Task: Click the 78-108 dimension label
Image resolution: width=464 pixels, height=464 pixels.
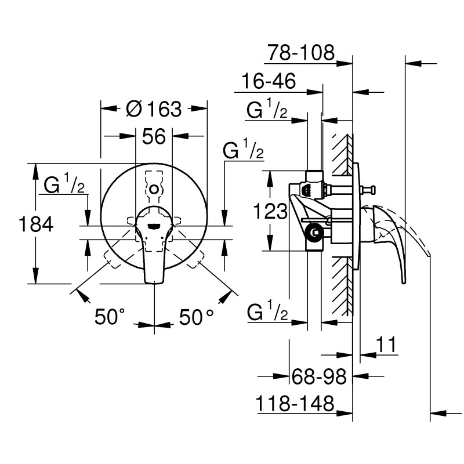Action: [x=301, y=53]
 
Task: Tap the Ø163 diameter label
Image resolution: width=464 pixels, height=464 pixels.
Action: [x=154, y=108]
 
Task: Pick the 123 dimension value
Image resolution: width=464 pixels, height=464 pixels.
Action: [x=271, y=212]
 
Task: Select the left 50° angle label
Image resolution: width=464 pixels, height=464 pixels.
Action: [x=110, y=317]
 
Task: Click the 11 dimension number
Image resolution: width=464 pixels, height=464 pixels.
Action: [x=385, y=345]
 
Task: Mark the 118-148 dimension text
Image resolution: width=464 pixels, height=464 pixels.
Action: [x=296, y=403]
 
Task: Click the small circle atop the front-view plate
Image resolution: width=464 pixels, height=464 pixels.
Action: [x=154, y=188]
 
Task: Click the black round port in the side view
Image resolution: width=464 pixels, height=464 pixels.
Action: [x=314, y=233]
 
